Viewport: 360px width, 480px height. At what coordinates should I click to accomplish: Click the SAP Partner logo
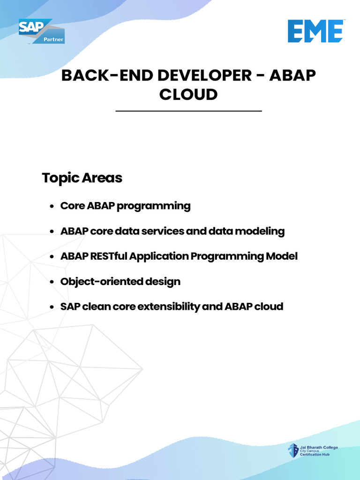42,31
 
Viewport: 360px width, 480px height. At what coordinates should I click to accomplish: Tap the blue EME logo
315,31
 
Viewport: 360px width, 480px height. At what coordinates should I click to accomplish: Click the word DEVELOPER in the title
204,75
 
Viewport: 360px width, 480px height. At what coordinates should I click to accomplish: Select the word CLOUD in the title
188,94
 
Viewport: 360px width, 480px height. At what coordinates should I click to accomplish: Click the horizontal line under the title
188,111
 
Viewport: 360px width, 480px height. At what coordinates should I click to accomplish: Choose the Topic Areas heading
82,178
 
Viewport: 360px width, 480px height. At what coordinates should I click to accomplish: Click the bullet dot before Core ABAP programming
52,206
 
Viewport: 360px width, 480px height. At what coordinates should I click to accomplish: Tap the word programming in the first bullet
154,206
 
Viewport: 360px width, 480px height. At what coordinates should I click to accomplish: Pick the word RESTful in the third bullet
109,256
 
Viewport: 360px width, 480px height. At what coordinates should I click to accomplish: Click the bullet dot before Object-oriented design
52,282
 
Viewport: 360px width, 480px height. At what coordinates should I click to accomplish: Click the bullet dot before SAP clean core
52,307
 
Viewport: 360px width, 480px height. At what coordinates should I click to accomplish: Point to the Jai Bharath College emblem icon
293,451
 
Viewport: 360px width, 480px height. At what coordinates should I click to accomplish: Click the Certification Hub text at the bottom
315,455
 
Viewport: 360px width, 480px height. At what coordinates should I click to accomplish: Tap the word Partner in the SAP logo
53,39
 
